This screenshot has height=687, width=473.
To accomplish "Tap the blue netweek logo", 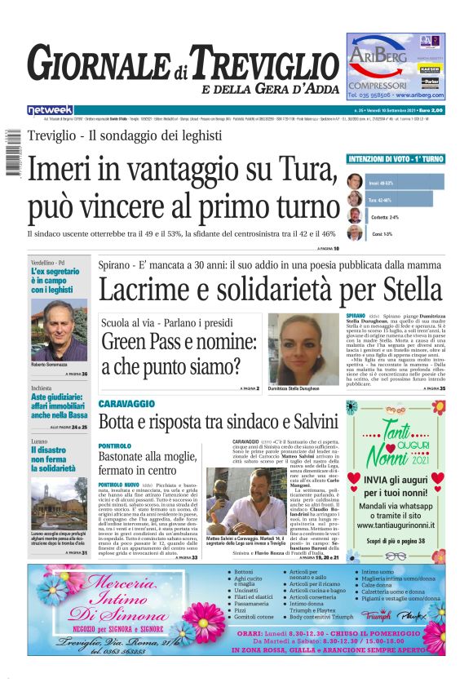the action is click(51, 109).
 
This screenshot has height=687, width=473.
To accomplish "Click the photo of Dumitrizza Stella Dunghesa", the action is click(303, 350).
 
